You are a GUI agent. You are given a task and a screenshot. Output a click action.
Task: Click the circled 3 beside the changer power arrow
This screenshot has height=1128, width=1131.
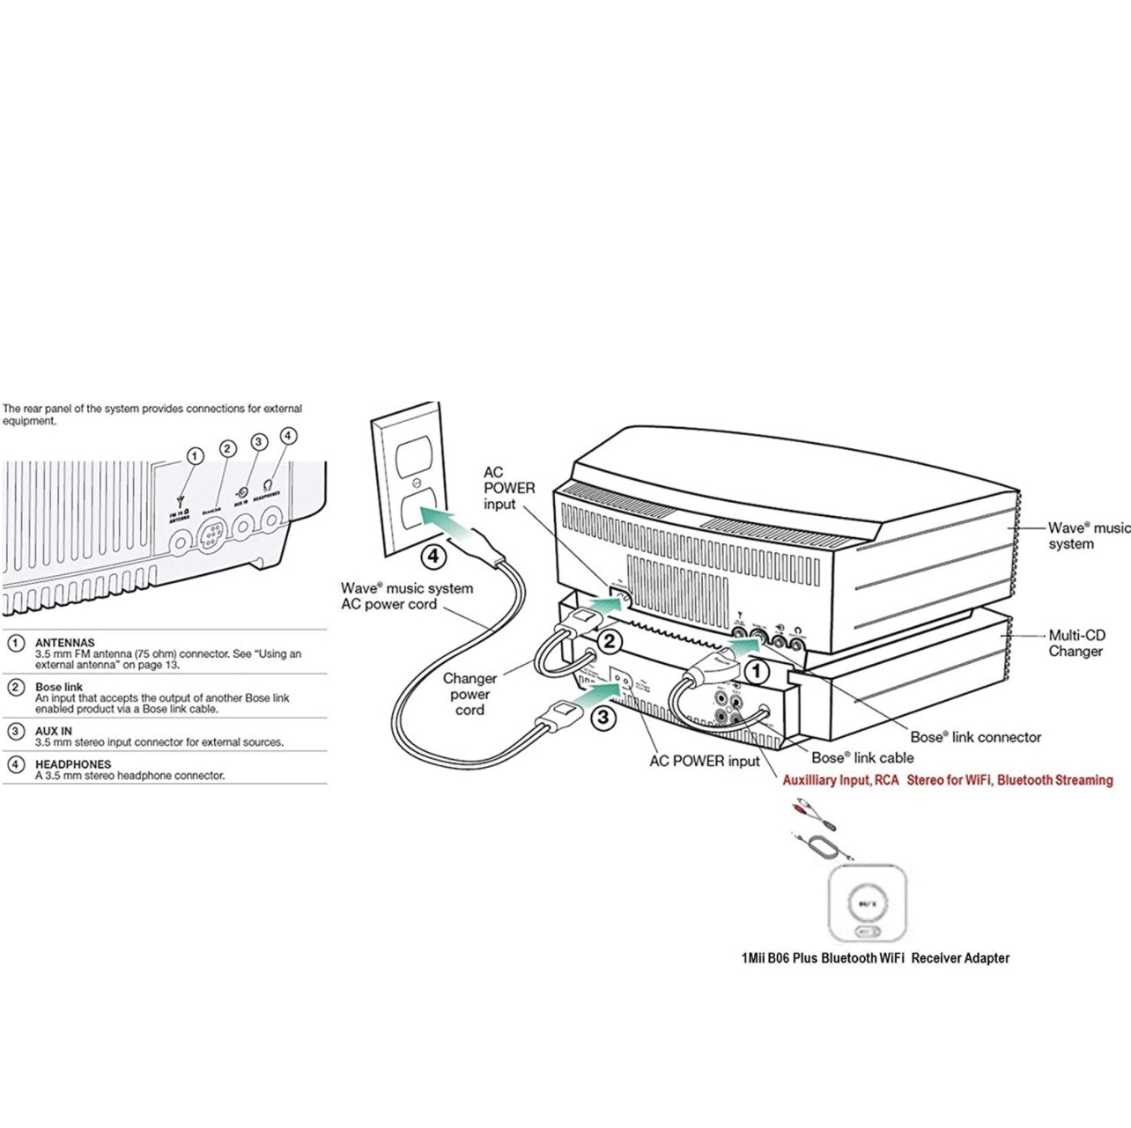(x=602, y=717)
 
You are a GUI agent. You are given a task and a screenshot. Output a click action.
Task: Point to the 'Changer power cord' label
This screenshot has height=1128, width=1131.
(x=469, y=694)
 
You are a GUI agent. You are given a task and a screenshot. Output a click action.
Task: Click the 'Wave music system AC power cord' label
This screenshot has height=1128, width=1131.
(x=406, y=596)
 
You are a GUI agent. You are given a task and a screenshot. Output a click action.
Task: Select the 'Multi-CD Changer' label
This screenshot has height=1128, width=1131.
(x=1076, y=643)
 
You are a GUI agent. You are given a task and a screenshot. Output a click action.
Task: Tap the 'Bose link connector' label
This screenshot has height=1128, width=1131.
(x=975, y=737)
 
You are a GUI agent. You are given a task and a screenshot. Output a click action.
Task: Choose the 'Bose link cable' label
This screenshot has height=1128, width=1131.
(x=862, y=757)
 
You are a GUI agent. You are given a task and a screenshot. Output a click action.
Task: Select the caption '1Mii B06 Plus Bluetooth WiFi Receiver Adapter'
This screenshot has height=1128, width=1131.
(x=875, y=958)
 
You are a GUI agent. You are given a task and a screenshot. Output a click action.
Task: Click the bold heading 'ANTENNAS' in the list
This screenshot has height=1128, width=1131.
(x=64, y=643)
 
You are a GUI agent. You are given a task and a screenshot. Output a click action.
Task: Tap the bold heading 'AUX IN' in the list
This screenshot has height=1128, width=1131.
(x=54, y=731)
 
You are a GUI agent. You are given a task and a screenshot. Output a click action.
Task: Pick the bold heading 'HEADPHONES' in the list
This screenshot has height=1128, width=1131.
(x=73, y=764)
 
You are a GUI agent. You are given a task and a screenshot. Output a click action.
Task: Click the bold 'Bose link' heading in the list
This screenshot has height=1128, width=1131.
(x=59, y=687)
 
